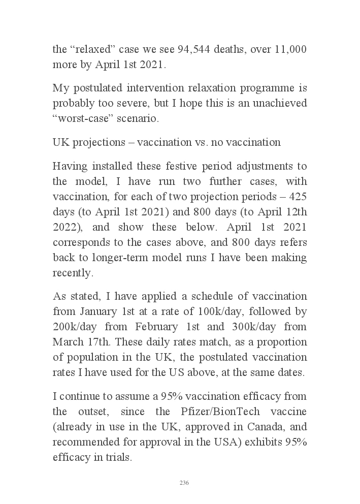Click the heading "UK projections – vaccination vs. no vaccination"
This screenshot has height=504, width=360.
pos(167,143)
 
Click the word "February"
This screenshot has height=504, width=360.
pos(170,327)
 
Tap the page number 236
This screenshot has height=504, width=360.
pos(184,483)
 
